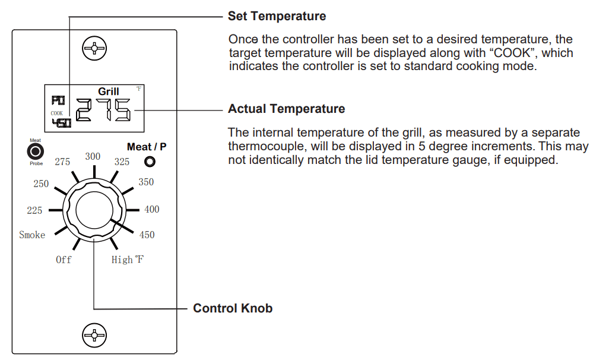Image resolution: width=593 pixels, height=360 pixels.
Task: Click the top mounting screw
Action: (x=94, y=48)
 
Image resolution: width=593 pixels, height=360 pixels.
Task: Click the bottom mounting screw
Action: (x=94, y=336)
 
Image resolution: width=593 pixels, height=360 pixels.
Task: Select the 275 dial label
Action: (x=62, y=162)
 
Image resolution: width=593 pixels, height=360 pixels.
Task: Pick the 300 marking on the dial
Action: (x=93, y=156)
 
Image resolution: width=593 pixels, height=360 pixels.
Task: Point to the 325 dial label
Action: (x=122, y=162)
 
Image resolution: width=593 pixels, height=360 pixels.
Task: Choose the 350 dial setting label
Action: (x=146, y=182)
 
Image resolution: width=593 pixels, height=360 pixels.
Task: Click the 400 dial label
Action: (x=151, y=209)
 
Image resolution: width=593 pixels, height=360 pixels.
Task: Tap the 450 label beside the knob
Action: (x=147, y=235)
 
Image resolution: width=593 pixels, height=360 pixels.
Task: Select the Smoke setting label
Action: (x=32, y=235)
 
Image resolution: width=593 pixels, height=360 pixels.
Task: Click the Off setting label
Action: (x=64, y=260)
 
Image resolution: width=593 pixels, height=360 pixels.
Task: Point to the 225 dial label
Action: (x=34, y=210)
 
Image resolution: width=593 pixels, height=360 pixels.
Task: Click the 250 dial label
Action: (x=41, y=184)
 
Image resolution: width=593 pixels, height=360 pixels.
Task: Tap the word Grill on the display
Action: (x=109, y=91)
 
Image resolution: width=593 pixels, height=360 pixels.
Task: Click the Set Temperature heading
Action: (x=277, y=16)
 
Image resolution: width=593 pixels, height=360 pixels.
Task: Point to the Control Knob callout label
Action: (x=233, y=308)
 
